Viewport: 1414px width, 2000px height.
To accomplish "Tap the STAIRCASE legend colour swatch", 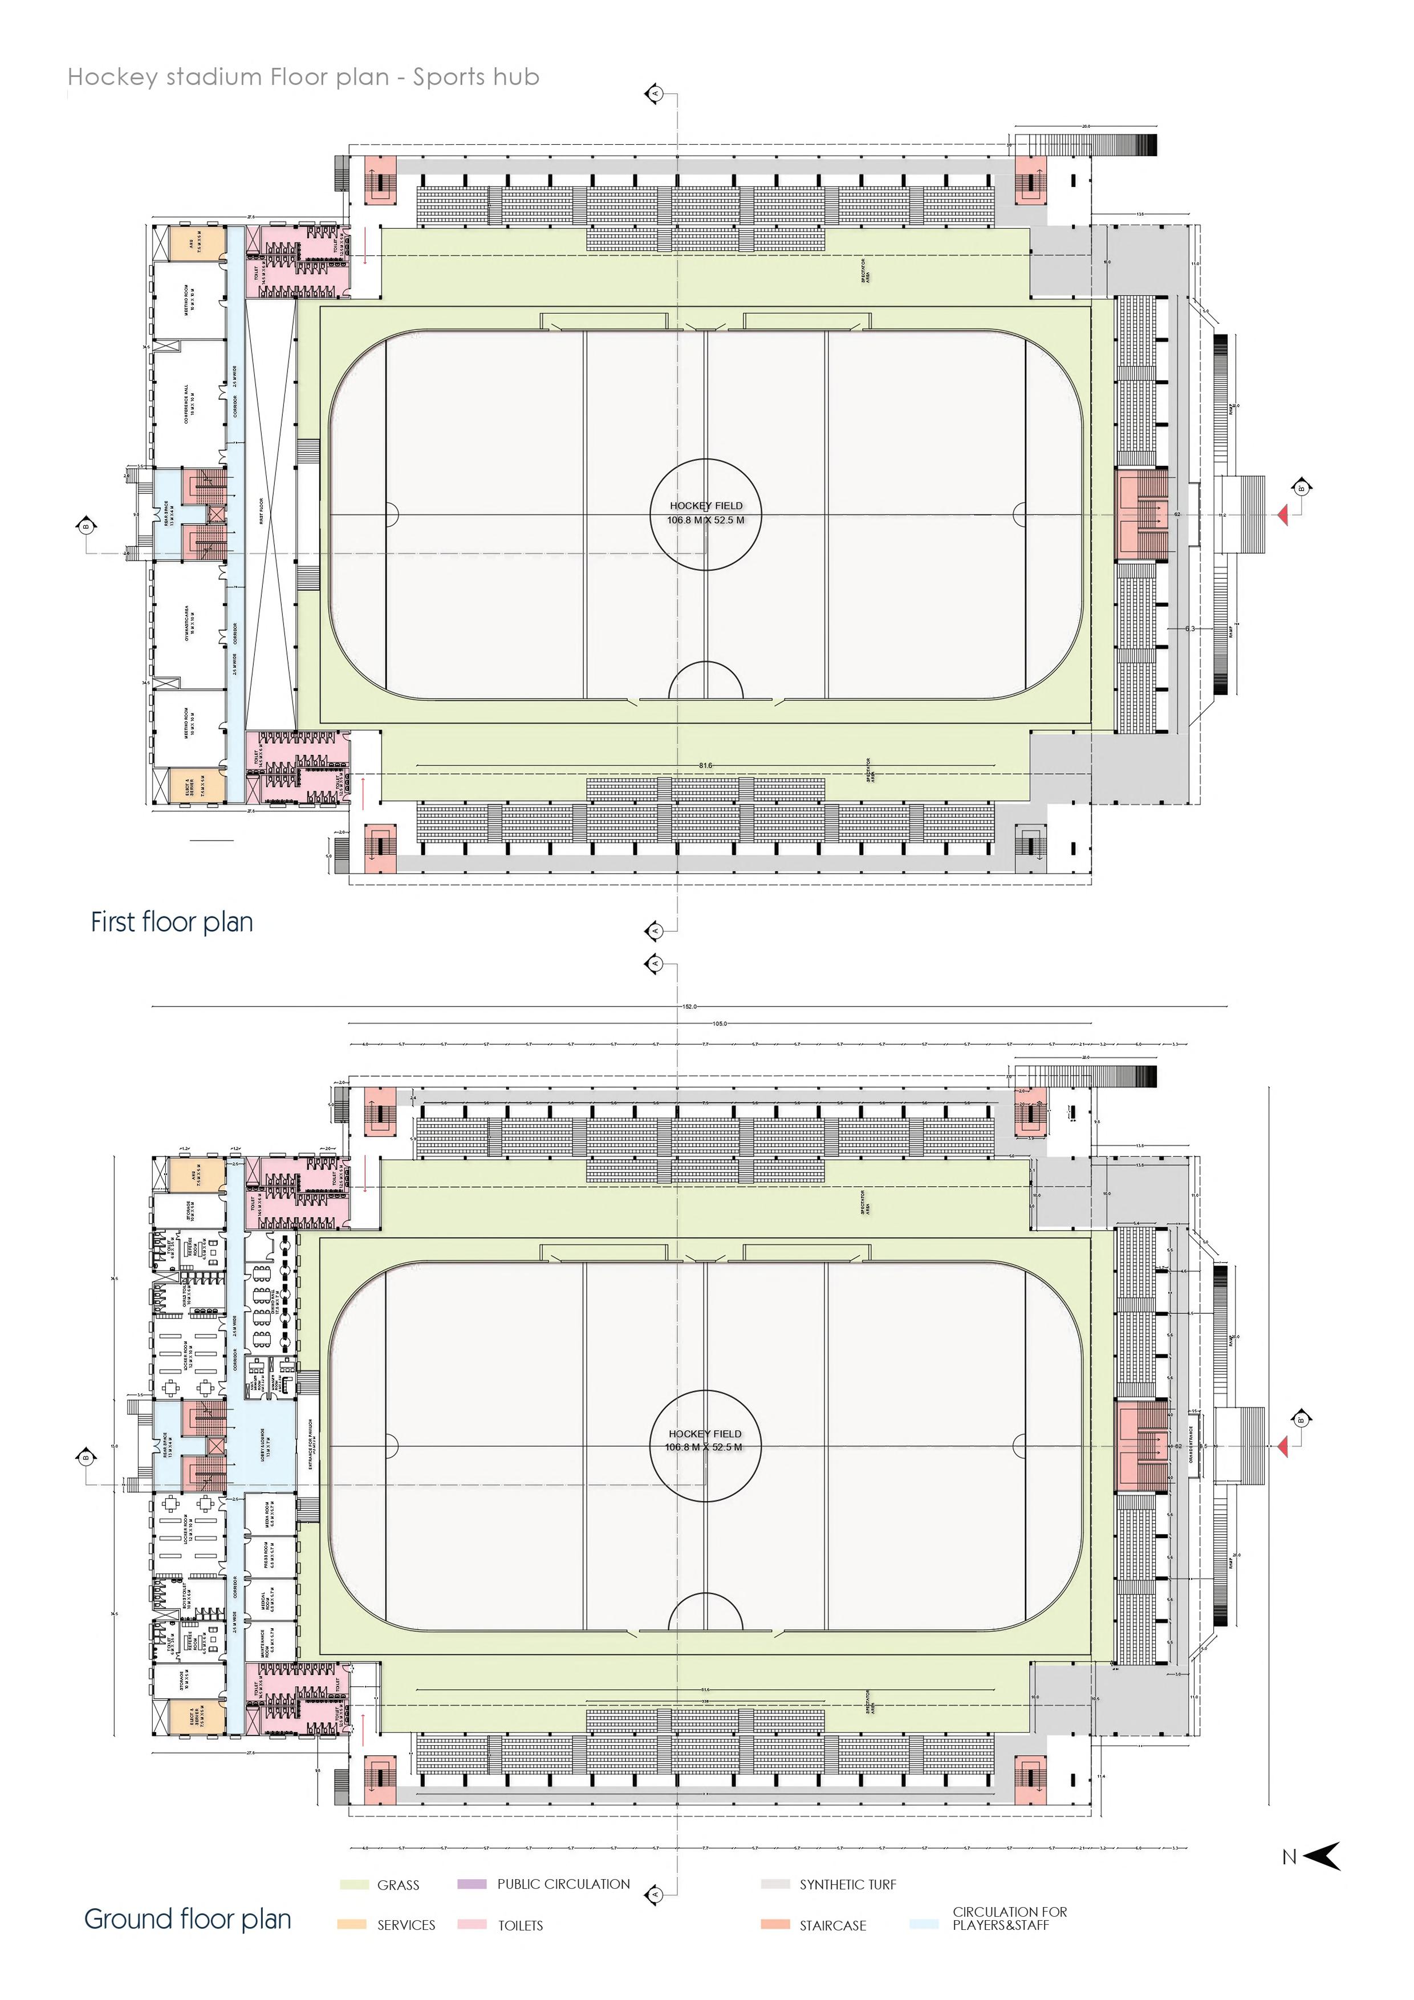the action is click(x=775, y=1924).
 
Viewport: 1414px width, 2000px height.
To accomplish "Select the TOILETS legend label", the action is click(x=520, y=1925).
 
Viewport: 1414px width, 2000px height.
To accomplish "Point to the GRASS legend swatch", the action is click(x=353, y=1884).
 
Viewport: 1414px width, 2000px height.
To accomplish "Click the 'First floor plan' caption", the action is click(x=172, y=922).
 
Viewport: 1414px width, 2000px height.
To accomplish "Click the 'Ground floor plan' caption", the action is click(x=187, y=1919).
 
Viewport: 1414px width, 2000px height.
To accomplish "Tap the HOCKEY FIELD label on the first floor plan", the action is click(x=706, y=505).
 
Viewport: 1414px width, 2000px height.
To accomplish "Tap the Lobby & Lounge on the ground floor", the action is click(x=263, y=1446).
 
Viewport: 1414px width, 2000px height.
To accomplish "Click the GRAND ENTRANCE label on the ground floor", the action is click(x=1191, y=1446).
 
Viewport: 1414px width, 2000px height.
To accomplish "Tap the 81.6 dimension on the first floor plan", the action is click(x=705, y=766).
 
